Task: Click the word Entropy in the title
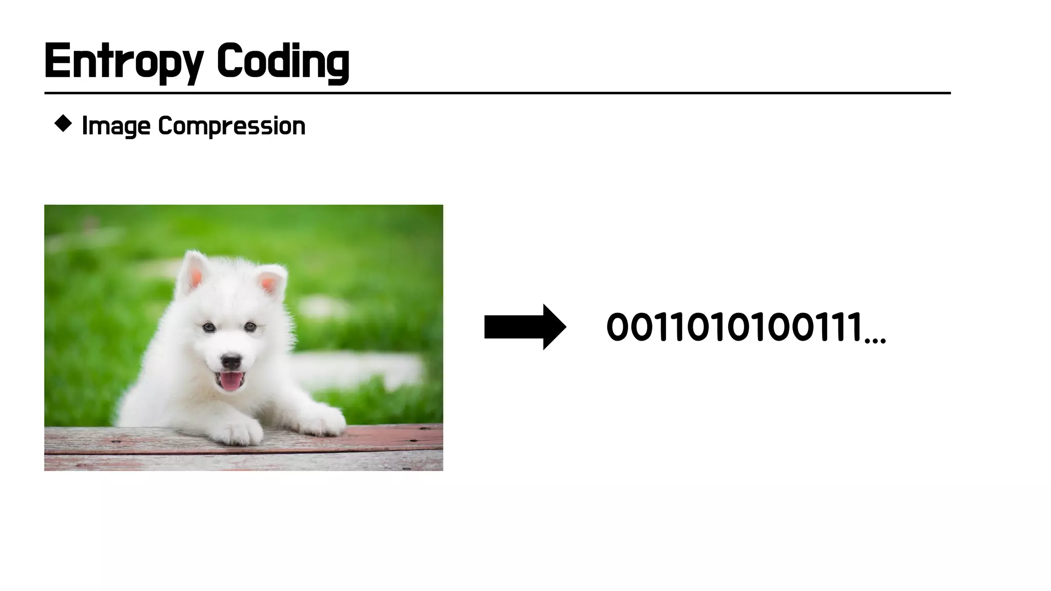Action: pyautogui.click(x=124, y=62)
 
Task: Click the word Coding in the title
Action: pyautogui.click(x=283, y=62)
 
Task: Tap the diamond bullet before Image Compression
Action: pyautogui.click(x=63, y=124)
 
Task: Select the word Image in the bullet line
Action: pyautogui.click(x=116, y=126)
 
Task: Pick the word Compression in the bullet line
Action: pyautogui.click(x=231, y=126)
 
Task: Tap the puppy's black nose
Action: pyautogui.click(x=231, y=361)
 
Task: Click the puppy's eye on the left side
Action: pyautogui.click(x=208, y=327)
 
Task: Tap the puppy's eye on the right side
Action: pyautogui.click(x=250, y=326)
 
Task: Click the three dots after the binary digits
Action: pyautogui.click(x=875, y=340)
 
